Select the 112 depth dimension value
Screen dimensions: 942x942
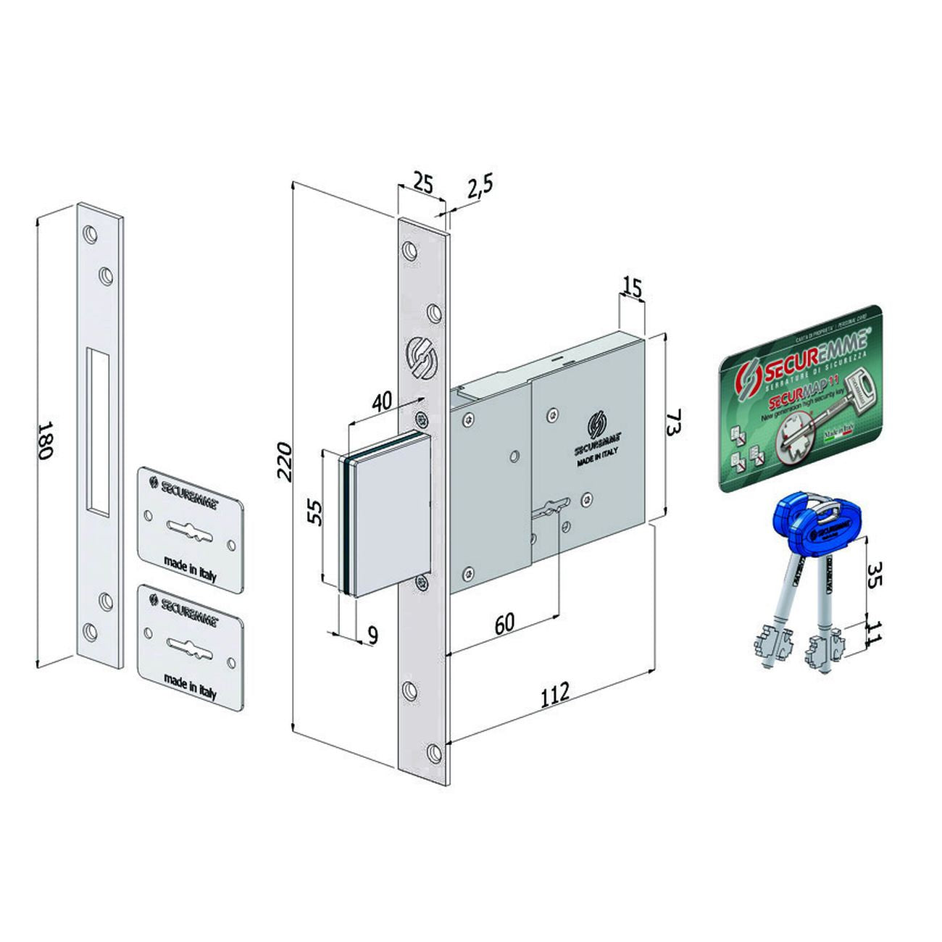pyautogui.click(x=554, y=691)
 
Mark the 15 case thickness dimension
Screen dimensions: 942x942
pyautogui.click(x=632, y=289)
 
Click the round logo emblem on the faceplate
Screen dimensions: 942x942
pyautogui.click(x=420, y=357)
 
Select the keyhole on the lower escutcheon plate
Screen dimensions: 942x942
pyautogui.click(x=191, y=643)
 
